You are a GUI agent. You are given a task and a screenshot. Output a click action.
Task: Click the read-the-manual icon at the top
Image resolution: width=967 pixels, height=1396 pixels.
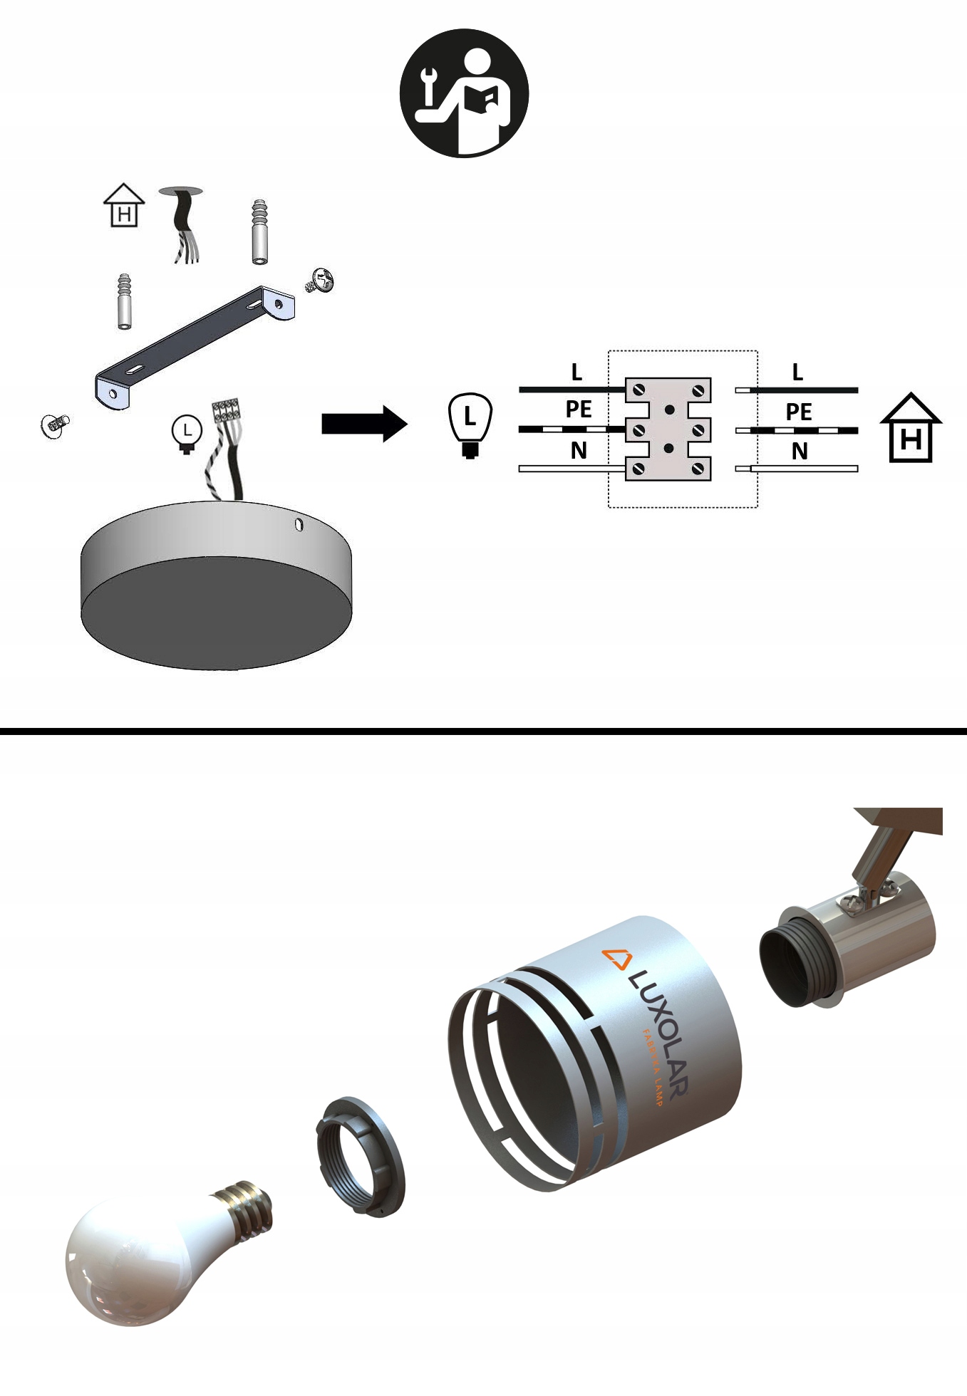tap(464, 93)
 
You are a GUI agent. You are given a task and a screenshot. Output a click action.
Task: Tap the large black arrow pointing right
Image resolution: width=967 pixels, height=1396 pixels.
tap(363, 424)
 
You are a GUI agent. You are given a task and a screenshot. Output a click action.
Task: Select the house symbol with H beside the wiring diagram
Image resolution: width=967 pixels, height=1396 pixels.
tap(911, 429)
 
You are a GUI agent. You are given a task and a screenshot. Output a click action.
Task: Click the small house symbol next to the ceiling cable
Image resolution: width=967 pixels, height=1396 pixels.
tap(124, 205)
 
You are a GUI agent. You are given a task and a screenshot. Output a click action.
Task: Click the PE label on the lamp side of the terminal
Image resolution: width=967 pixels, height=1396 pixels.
tap(578, 410)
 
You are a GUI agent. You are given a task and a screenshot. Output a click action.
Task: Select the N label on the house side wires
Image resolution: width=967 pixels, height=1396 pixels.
tap(800, 451)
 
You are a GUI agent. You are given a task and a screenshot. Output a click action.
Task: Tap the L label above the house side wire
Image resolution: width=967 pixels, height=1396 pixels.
tap(797, 372)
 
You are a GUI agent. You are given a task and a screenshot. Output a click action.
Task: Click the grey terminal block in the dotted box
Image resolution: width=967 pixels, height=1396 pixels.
tap(668, 429)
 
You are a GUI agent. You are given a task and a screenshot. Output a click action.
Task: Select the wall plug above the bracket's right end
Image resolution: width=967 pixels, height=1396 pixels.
tap(260, 232)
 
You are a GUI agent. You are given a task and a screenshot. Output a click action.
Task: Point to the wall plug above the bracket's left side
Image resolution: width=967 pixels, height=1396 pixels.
tap(125, 301)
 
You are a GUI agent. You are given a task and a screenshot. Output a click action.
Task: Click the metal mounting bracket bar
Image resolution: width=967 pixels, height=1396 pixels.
tap(192, 345)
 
